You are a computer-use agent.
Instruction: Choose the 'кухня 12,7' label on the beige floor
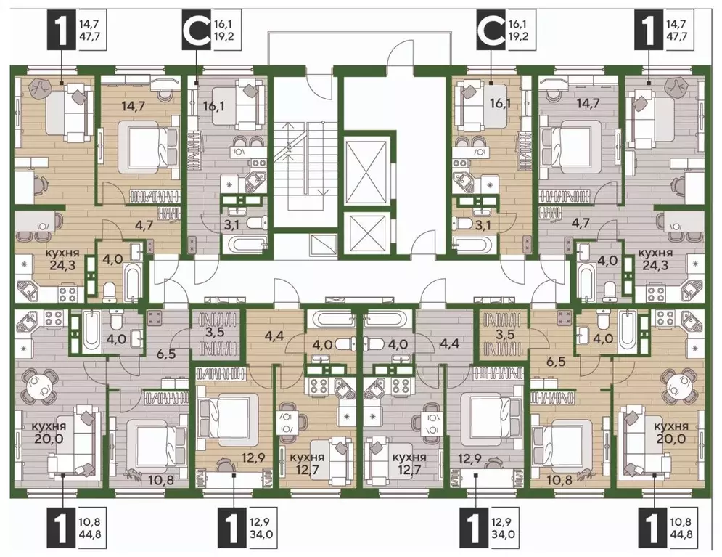click(x=307, y=463)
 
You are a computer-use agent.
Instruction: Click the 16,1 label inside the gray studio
click(x=215, y=107)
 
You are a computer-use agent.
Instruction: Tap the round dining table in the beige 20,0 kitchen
click(x=676, y=383)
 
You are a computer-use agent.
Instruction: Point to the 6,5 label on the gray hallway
click(x=165, y=354)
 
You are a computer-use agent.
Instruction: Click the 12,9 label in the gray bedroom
click(x=467, y=460)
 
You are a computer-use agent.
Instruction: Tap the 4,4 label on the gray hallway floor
click(x=449, y=343)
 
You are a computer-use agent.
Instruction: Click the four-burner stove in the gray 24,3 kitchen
click(x=653, y=293)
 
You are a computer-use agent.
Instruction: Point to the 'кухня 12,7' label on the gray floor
click(x=409, y=463)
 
